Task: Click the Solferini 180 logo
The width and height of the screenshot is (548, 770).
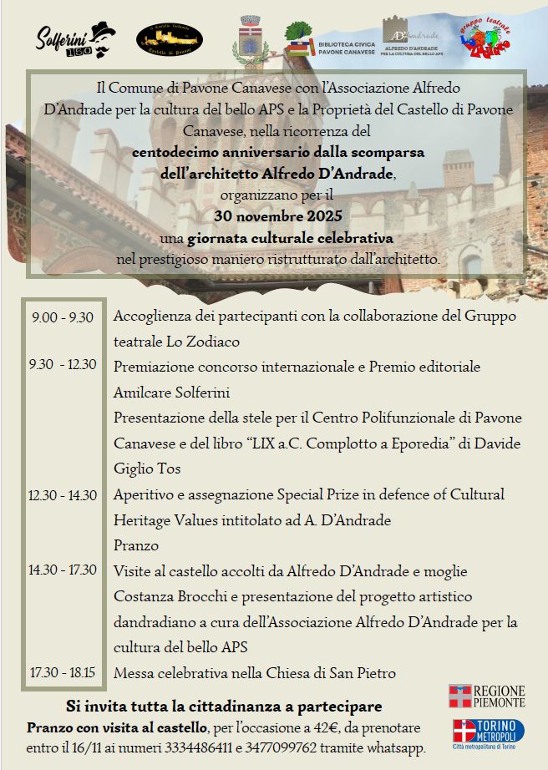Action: pos(75,39)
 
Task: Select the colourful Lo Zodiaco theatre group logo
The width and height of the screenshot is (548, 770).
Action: pos(487,38)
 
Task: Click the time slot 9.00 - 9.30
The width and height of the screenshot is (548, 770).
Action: pos(63,317)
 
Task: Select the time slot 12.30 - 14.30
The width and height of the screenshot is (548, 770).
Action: pos(63,495)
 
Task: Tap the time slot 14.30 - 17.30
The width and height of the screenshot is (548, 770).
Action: pos(63,571)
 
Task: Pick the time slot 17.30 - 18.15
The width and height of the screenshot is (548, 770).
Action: pos(63,672)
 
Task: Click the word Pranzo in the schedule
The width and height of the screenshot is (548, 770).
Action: pos(136,545)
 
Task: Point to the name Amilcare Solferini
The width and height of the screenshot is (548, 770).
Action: pos(171,393)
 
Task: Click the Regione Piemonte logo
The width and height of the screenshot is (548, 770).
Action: pos(486,696)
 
